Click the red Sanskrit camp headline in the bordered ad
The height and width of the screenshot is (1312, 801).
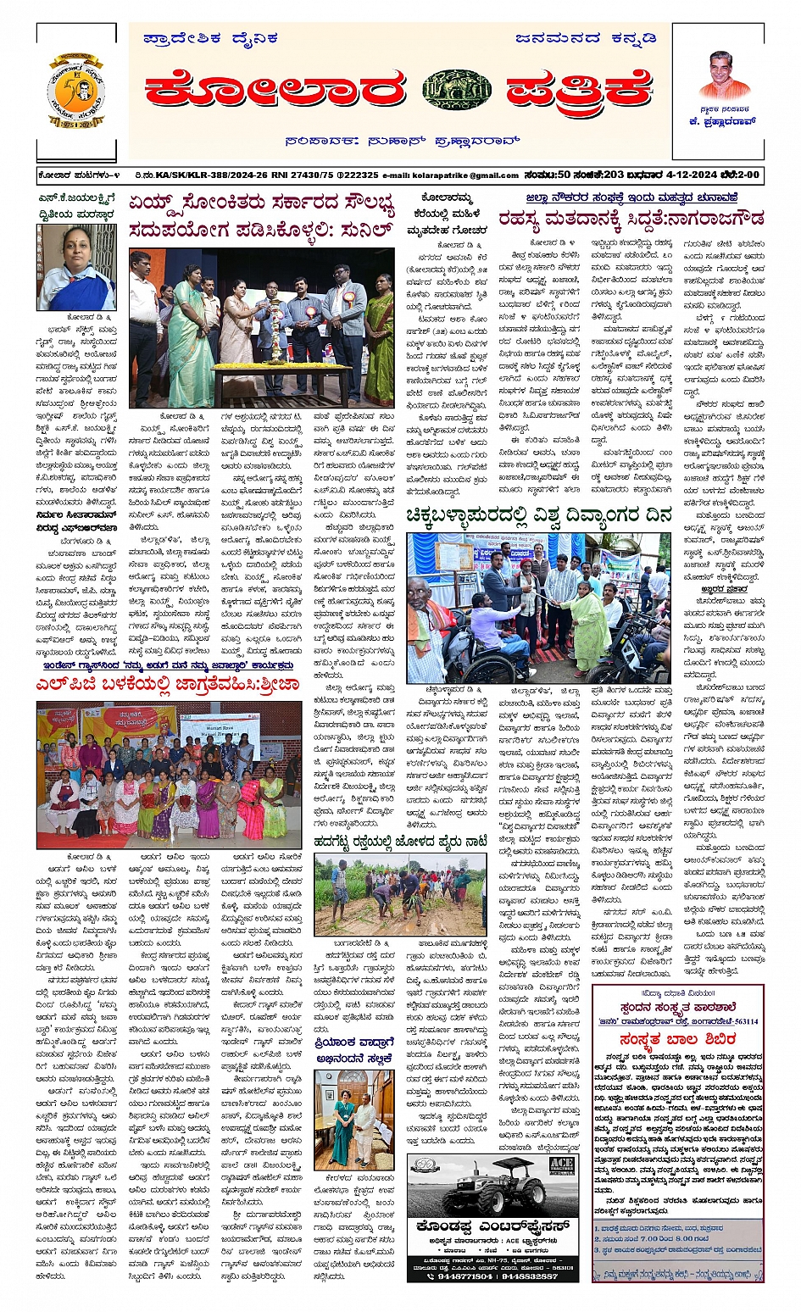point(676,1040)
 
